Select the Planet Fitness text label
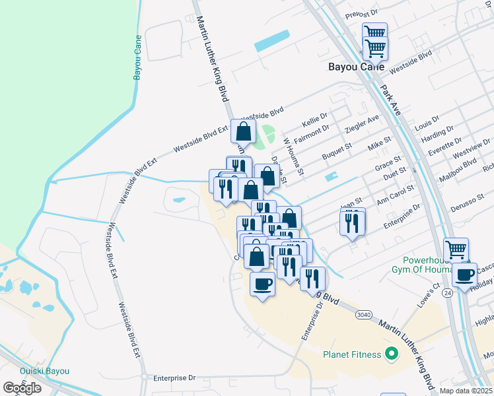pyautogui.click(x=352, y=354)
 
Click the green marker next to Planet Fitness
pyautogui.click(x=391, y=354)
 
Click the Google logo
pyautogui.click(x=22, y=388)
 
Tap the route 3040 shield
pyautogui.click(x=363, y=314)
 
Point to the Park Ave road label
pyautogui.click(x=390, y=100)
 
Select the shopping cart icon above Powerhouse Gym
pyautogui.click(x=456, y=250)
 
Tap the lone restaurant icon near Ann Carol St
pyautogui.click(x=353, y=222)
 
